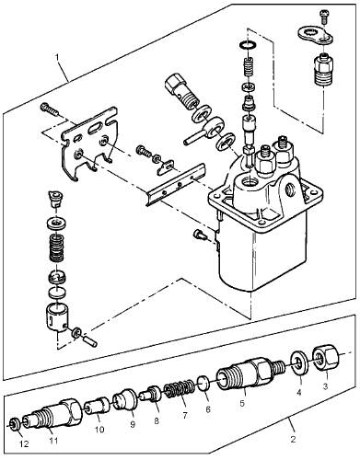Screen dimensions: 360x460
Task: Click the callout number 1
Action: [x=57, y=58]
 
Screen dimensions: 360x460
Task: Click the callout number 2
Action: [x=293, y=439]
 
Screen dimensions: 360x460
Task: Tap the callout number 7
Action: [x=185, y=416]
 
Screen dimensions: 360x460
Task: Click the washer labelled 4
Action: [x=299, y=364]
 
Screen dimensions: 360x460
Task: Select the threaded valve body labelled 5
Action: [x=250, y=373]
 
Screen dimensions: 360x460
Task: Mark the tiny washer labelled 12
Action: [x=14, y=424]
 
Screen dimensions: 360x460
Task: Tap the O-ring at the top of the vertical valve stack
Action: [x=247, y=45]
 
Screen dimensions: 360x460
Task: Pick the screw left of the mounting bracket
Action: [x=49, y=109]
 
